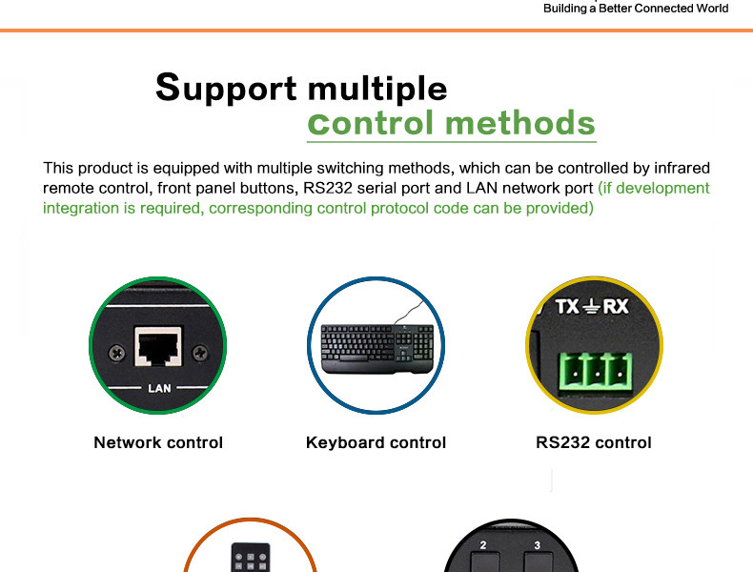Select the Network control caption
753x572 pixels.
click(x=158, y=442)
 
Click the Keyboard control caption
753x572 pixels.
click(x=376, y=442)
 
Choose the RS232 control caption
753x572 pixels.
click(x=593, y=442)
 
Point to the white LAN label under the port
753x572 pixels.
click(x=158, y=388)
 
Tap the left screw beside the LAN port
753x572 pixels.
click(x=115, y=352)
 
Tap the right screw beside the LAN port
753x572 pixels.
click(x=200, y=353)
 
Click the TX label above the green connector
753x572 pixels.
click(x=566, y=307)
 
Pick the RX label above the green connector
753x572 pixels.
click(x=616, y=307)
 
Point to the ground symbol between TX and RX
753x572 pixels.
click(x=591, y=307)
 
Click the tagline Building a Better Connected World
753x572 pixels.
click(x=635, y=9)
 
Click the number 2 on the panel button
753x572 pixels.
click(x=483, y=545)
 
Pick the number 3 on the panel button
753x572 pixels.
click(x=538, y=545)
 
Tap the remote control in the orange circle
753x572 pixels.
click(x=250, y=557)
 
